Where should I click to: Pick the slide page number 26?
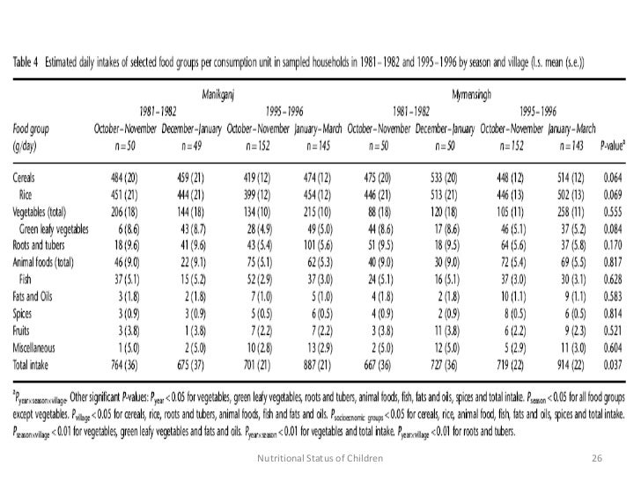coord(595,458)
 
